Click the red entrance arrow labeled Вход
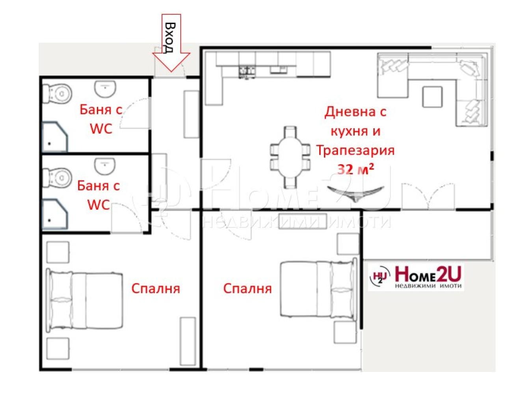pos(171,43)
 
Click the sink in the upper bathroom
pos(105,88)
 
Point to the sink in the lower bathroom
pos(105,165)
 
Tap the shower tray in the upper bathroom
pos(55,136)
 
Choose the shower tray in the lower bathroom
pos(55,214)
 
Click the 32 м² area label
pos(355,169)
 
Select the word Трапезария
pos(355,151)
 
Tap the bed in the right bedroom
pos(318,289)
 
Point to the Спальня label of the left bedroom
pos(156,289)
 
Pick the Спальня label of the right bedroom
pos(247,289)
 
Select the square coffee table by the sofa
pos(432,97)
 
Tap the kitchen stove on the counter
pos(247,71)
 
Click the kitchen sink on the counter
pos(278,69)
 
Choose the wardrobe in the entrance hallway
pos(191,114)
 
